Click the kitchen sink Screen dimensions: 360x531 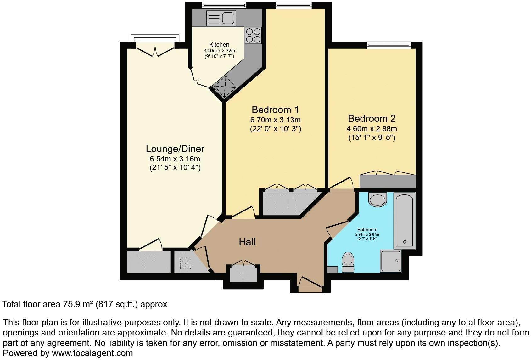221,18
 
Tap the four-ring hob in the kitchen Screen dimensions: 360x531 253,35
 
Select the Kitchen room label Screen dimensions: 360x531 219,45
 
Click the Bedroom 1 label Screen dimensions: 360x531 275,110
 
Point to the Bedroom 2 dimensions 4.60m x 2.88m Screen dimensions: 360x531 372,129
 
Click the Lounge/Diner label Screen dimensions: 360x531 175,149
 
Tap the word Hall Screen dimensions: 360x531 247,242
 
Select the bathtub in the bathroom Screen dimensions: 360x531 405,220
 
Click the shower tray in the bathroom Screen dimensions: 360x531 391,261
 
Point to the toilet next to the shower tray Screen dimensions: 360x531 348,262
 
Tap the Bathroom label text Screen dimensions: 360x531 367,230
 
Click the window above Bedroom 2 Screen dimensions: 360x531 389,45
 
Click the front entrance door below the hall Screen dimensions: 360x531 310,283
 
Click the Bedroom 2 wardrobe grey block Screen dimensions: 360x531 388,182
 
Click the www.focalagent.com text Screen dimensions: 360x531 92,353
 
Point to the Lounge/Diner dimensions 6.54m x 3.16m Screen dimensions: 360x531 175,159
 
